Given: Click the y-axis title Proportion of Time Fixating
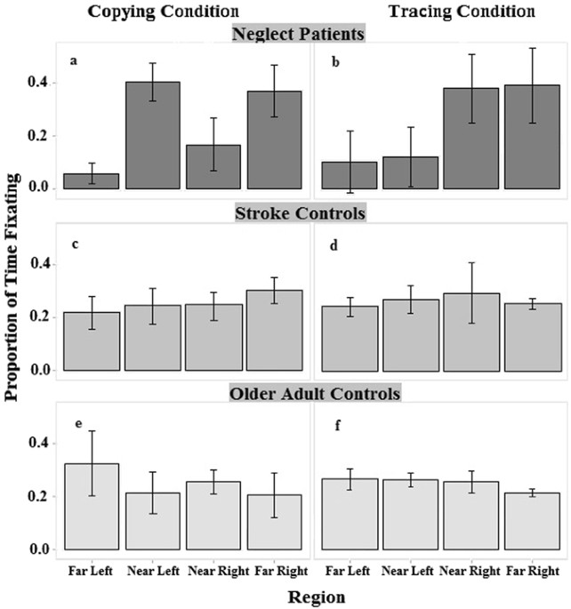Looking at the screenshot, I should (x=14, y=302).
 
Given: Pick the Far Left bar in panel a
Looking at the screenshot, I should (x=92, y=180).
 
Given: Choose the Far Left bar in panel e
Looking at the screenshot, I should (x=92, y=506).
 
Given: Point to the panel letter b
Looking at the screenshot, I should (x=335, y=63).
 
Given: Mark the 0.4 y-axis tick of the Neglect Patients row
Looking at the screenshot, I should (x=46, y=84).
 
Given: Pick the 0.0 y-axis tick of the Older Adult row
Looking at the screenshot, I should (x=46, y=549).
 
